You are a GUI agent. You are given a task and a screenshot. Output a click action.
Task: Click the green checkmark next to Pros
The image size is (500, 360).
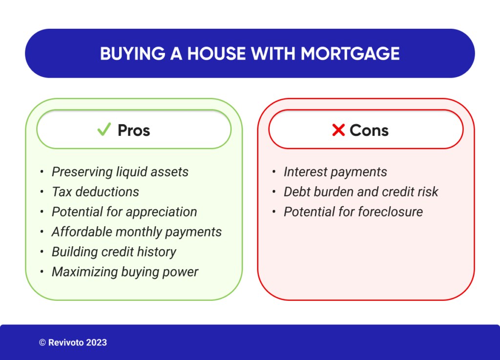pos(104,129)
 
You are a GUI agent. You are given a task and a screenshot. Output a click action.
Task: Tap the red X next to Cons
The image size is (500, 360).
pos(338,130)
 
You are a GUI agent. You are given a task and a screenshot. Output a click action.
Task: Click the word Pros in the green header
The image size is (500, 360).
pos(134,130)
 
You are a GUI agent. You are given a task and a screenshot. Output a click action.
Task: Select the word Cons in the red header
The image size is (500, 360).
pos(369,130)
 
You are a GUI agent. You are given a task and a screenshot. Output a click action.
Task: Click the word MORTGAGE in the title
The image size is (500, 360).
pos(350,53)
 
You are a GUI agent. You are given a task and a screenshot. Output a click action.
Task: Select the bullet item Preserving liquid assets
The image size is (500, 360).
pos(120,172)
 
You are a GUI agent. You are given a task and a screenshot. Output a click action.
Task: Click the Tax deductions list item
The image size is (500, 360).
pos(95,192)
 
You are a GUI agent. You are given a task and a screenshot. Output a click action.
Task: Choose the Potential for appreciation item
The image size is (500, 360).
pos(124,212)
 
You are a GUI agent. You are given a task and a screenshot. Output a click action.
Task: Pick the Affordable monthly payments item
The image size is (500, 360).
pos(136,232)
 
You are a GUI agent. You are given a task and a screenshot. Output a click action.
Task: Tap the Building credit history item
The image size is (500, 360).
pos(114,252)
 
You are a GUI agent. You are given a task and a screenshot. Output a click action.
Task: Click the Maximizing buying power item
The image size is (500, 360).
pos(125,272)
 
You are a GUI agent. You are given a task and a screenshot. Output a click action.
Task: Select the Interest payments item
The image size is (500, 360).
pos(335,172)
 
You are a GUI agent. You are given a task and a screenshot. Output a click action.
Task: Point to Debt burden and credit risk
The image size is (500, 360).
pos(361,192)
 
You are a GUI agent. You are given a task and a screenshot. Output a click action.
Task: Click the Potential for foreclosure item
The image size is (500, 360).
pos(353,212)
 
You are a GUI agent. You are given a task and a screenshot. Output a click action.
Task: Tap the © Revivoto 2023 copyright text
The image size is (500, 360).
pos(73,342)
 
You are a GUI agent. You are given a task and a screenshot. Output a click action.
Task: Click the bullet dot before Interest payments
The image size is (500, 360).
pos(274,172)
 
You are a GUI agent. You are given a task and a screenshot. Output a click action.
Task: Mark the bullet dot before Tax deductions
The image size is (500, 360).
pos(42,192)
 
